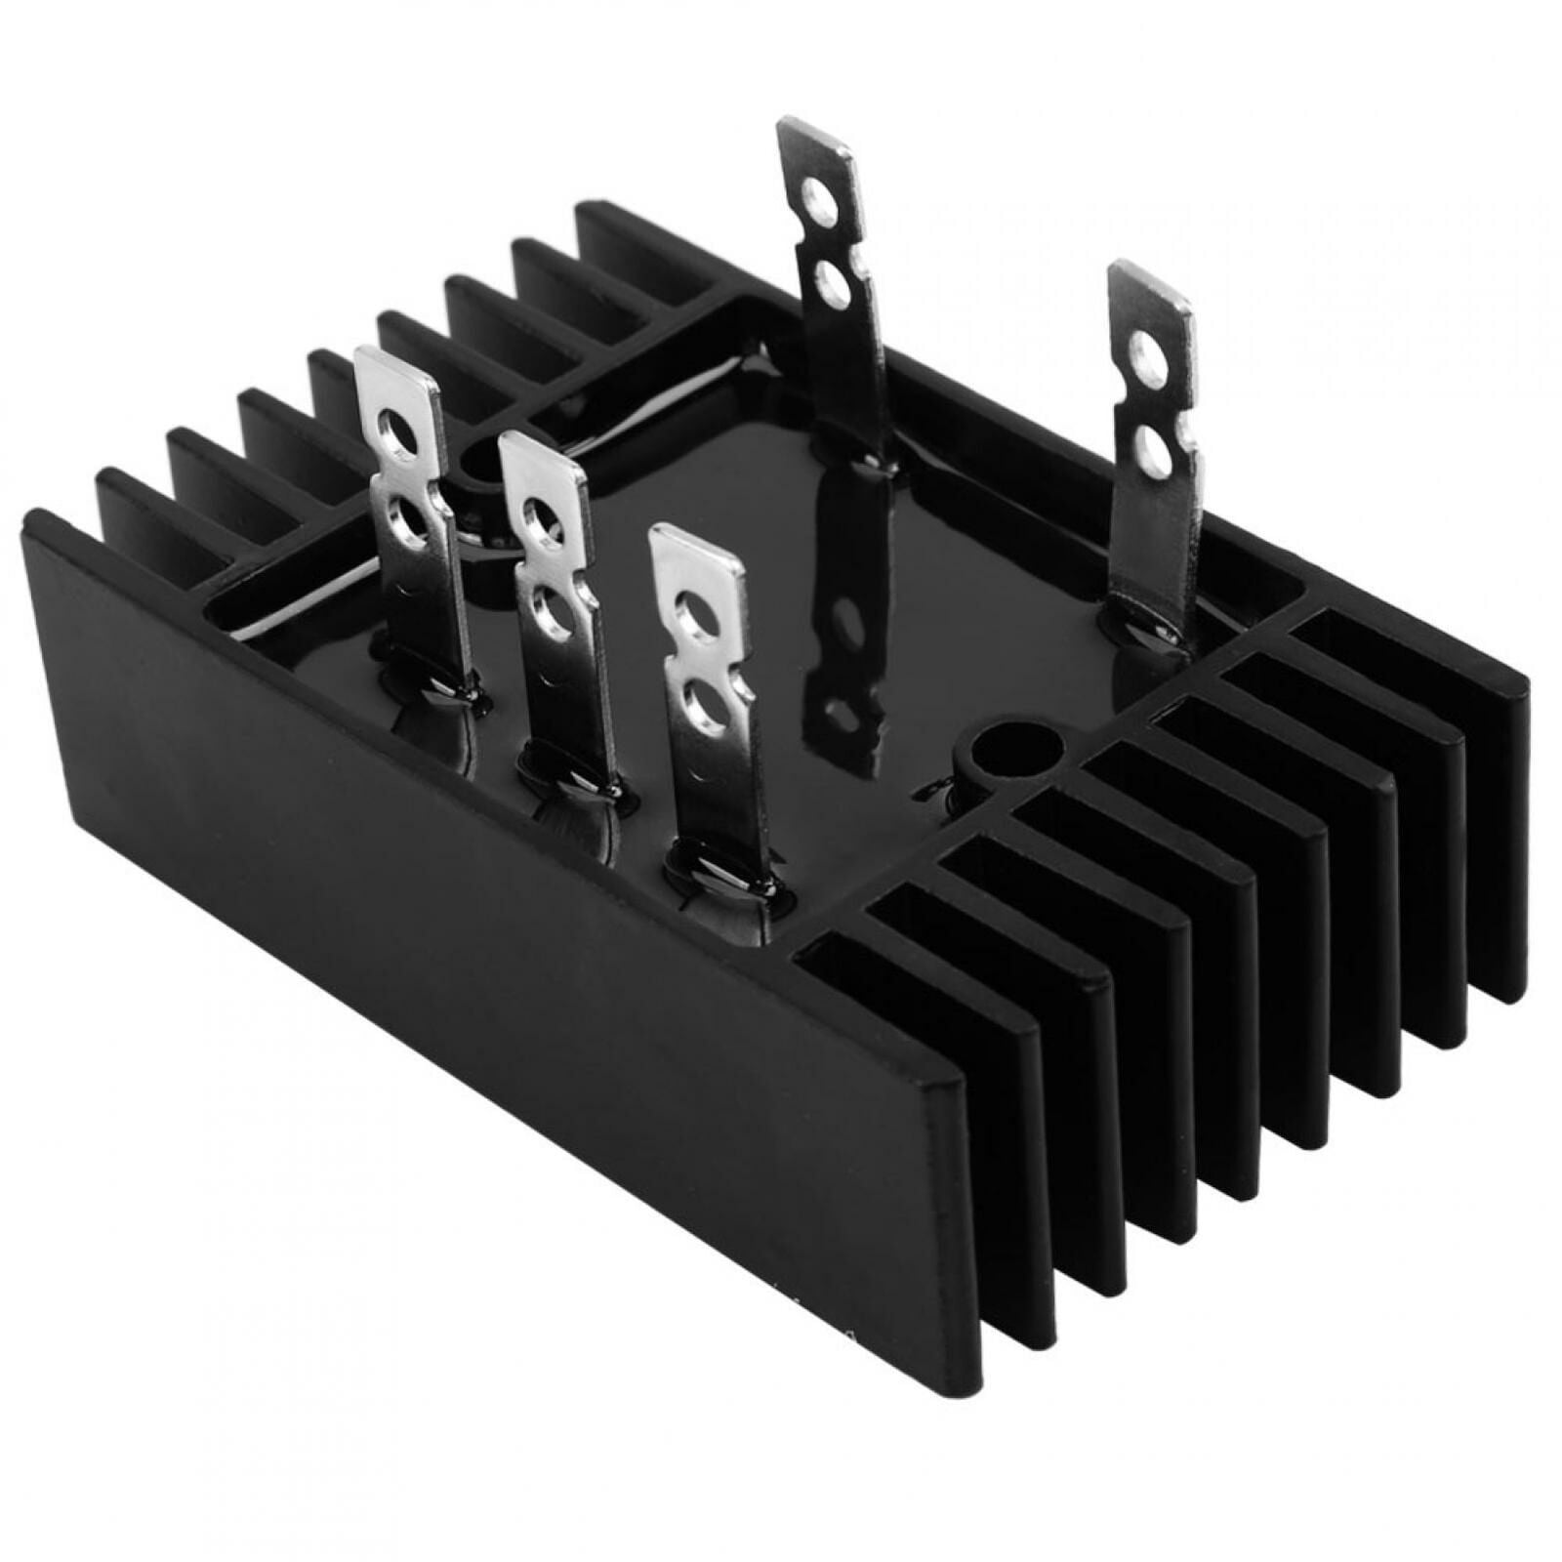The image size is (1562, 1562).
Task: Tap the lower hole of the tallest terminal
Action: [833, 285]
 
